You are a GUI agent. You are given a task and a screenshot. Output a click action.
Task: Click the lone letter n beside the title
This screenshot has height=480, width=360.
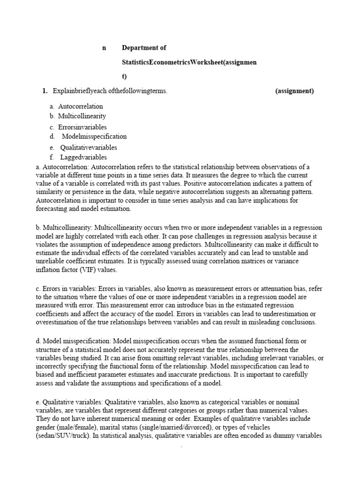click(x=105, y=48)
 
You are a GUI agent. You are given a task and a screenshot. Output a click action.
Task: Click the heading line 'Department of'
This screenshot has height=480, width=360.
click(x=144, y=48)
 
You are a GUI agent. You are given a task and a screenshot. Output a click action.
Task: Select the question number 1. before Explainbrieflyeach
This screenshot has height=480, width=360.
click(x=45, y=91)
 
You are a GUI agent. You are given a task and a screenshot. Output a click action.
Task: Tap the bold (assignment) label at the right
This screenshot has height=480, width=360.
click(x=294, y=91)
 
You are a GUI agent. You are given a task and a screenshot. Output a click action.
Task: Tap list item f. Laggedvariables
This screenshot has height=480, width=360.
click(x=78, y=157)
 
